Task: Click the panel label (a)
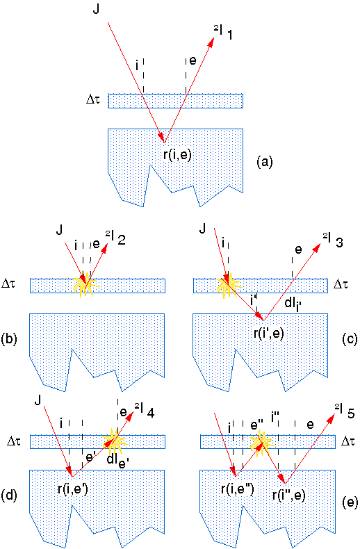(264, 162)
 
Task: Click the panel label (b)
(10, 339)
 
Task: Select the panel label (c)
(350, 338)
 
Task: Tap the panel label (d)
(10, 495)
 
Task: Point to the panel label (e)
(350, 502)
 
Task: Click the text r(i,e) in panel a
(178, 154)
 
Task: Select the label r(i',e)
(268, 332)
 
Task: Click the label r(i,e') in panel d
(72, 489)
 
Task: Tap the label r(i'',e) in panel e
(289, 495)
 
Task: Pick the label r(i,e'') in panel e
(238, 489)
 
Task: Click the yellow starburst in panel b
(85, 285)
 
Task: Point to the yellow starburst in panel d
(115, 441)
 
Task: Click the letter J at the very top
(96, 9)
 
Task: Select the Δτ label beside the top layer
(93, 99)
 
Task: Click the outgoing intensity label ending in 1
(223, 33)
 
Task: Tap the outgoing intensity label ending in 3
(333, 242)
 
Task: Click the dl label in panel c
(293, 304)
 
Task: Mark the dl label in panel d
(118, 460)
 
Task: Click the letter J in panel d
(38, 400)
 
